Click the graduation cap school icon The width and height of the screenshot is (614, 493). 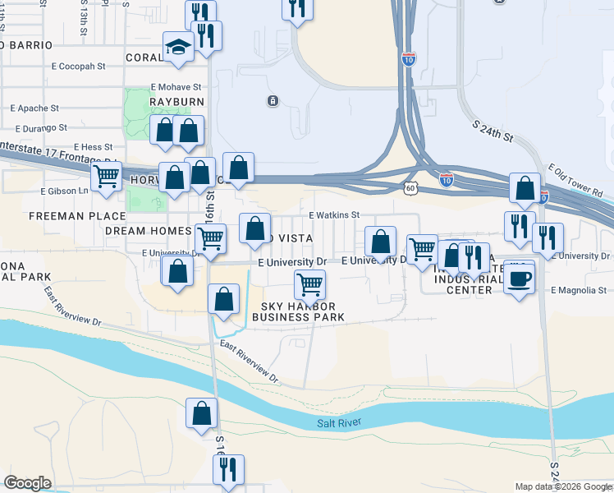pyautogui.click(x=177, y=48)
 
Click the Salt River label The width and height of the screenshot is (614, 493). pyautogui.click(x=339, y=423)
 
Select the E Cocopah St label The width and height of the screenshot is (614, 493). pyautogui.click(x=80, y=65)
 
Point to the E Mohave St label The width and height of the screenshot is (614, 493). pyautogui.click(x=176, y=86)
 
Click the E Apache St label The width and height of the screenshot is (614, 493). pyautogui.click(x=34, y=108)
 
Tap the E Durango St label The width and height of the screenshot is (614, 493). pyautogui.click(x=42, y=127)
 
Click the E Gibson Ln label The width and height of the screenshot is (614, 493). pyautogui.click(x=64, y=191)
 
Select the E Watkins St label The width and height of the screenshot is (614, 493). pyautogui.click(x=334, y=215)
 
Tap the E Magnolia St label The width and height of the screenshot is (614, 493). pyautogui.click(x=579, y=290)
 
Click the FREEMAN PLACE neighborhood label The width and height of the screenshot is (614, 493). pyautogui.click(x=65, y=216)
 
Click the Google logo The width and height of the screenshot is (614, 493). pyautogui.click(x=28, y=483)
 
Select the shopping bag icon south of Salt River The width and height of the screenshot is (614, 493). pyautogui.click(x=201, y=415)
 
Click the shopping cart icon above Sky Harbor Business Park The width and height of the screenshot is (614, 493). pyautogui.click(x=309, y=285)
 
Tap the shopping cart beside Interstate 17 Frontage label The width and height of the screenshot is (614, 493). pyautogui.click(x=107, y=177)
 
